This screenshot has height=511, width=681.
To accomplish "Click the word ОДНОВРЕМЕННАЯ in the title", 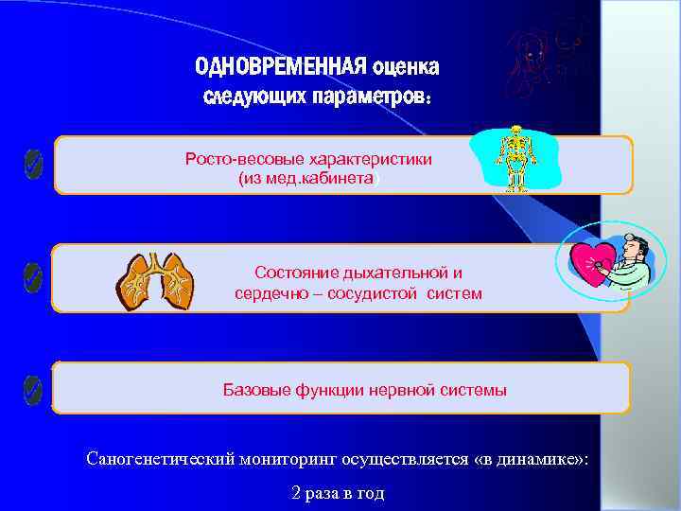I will (280, 68).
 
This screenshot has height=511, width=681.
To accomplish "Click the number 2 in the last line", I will (297, 493).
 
